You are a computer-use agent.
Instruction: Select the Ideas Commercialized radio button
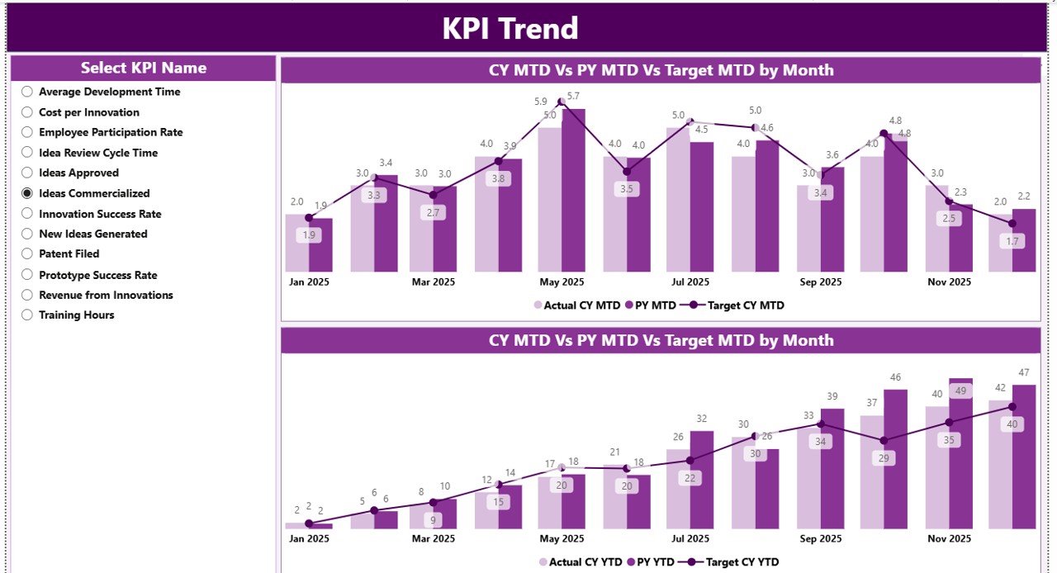point(27,193)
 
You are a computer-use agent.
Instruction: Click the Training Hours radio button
point(27,315)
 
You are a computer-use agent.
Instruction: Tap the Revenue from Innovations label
point(106,295)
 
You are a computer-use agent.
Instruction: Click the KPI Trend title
point(510,29)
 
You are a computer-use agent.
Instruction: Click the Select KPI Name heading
point(144,68)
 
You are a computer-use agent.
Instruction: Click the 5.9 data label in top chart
point(540,102)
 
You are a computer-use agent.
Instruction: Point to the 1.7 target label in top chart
point(1012,241)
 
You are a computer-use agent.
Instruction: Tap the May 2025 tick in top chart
point(562,282)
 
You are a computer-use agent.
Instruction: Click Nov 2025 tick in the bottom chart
point(948,538)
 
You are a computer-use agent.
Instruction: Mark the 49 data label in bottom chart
point(960,391)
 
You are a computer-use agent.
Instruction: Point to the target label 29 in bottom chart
point(884,457)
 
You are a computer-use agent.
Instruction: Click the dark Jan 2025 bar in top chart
point(320,245)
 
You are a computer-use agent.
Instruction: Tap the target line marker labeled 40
point(1012,407)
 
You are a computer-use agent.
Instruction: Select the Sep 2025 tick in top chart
point(820,282)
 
